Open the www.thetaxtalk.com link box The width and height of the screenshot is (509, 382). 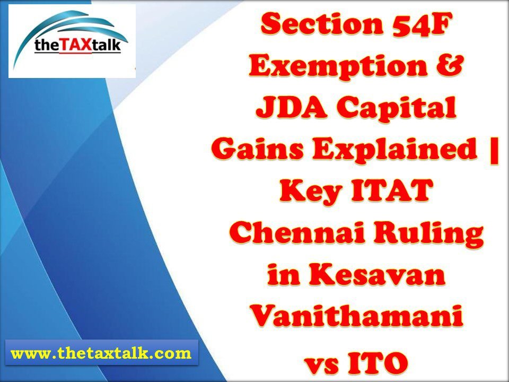101,353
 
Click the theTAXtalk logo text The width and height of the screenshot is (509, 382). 78,46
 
